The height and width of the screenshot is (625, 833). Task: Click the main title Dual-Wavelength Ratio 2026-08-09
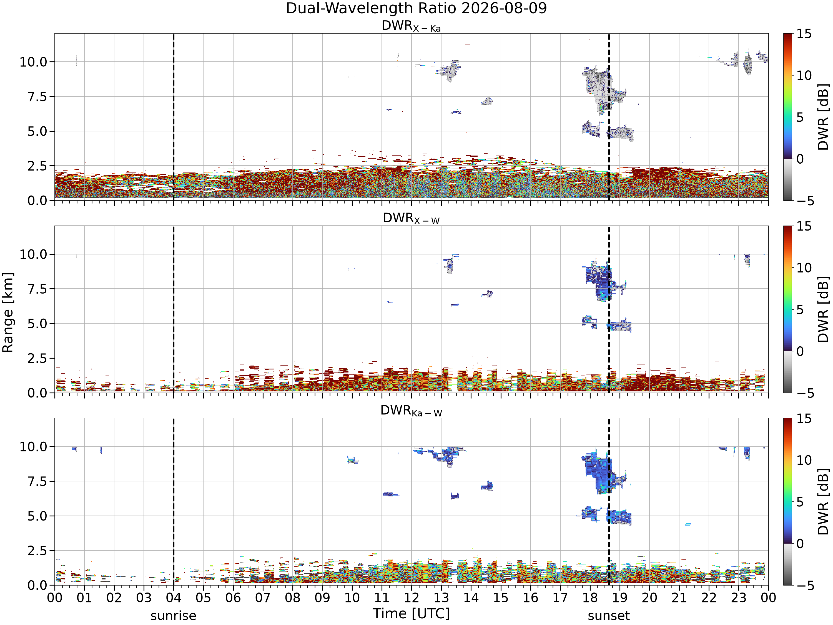tap(416, 8)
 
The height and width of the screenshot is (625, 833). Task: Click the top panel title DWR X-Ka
tap(411, 26)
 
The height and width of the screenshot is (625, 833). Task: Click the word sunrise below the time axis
tap(173, 616)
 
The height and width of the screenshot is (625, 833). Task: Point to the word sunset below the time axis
tap(609, 616)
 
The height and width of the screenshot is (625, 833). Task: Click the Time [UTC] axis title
tap(411, 614)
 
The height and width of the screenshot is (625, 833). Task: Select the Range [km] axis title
tap(7, 312)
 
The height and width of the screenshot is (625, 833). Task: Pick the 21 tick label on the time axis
tap(679, 598)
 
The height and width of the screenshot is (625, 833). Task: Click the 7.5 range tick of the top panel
tap(38, 97)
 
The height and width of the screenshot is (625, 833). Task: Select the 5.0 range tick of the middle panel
tap(38, 324)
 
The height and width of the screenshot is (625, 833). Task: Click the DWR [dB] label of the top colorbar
tap(824, 117)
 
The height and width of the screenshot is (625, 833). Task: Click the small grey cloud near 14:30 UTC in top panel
tap(486, 101)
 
